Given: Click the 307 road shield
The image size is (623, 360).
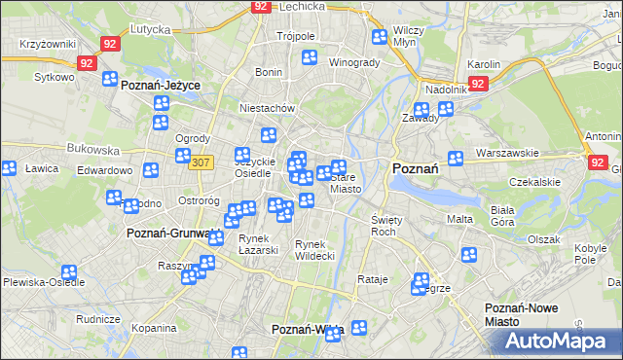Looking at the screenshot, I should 202,162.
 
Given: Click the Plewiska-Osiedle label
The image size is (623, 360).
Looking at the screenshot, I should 43,282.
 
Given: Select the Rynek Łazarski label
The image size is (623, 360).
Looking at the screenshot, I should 259,244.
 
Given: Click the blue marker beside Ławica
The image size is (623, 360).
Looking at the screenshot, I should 9,168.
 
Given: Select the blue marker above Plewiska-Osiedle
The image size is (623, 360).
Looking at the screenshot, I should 68,273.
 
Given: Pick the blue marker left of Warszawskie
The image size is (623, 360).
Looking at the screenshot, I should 455,158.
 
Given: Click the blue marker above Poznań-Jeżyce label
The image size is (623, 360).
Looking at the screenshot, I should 110,79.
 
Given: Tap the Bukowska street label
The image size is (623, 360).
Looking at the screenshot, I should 93,151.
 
